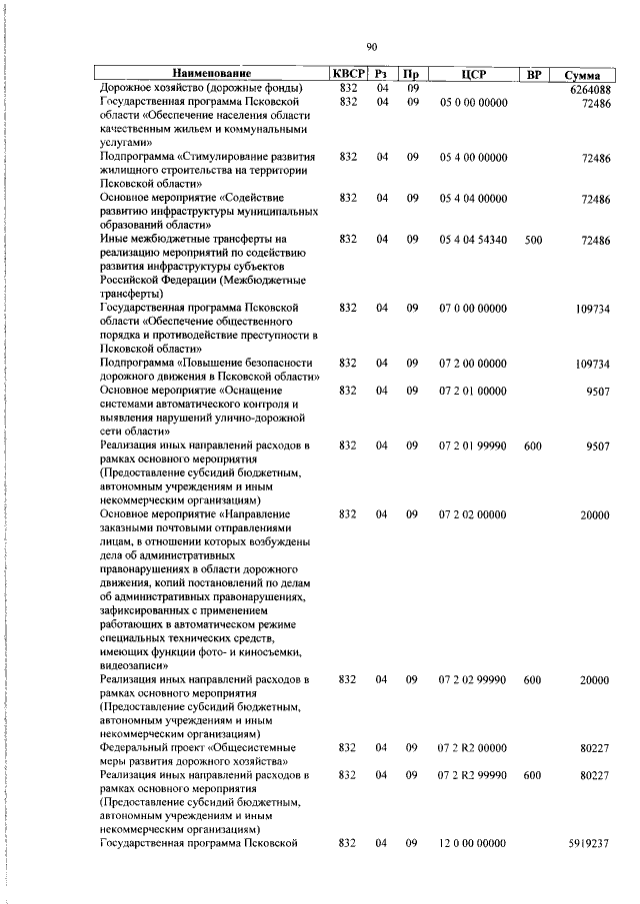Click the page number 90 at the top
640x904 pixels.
371,47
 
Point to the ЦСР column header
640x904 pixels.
473,74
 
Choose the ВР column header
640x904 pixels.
533,74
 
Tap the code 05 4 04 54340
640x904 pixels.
473,240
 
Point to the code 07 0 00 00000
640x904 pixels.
473,309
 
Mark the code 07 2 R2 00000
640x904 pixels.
473,747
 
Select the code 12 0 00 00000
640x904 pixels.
473,844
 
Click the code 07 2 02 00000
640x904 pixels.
473,513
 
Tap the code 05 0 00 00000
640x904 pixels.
473,102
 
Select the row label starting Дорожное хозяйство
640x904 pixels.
200,89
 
